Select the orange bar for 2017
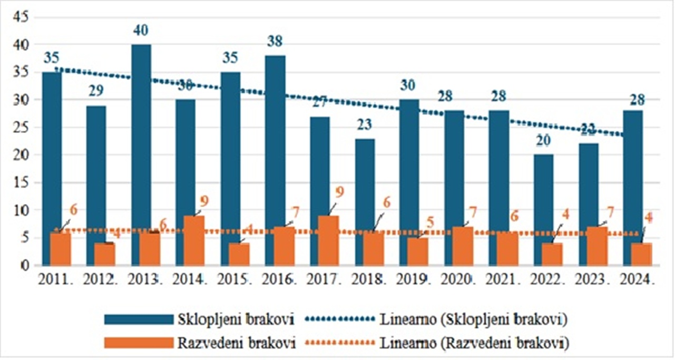pos(328,240)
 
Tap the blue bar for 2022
pos(544,195)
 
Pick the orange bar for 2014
pos(194,240)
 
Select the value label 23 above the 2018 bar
pos(365,125)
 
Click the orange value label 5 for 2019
pos(430,222)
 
